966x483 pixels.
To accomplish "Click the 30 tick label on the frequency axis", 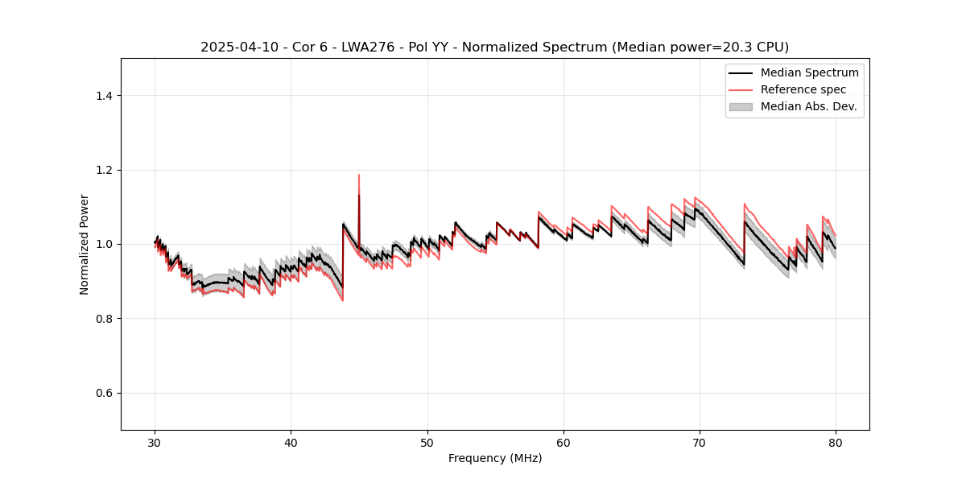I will tap(155, 443).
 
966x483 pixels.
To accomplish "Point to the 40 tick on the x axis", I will tap(291, 443).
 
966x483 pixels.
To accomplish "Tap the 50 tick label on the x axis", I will tap(427, 443).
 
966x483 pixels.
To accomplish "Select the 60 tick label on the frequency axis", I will tap(563, 443).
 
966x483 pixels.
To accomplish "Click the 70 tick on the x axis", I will tap(700, 443).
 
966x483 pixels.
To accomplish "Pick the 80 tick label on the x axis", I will tap(836, 443).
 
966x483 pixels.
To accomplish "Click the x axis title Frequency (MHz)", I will tap(495, 459).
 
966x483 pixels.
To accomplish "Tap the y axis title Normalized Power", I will tap(85, 244).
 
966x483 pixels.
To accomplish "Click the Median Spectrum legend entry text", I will tap(809, 73).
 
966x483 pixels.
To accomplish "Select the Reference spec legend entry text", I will tap(803, 89).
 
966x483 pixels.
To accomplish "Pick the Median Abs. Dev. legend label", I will tap(808, 106).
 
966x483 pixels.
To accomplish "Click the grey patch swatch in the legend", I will tap(741, 106).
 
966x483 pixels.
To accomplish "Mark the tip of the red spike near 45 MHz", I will tap(359, 175).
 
